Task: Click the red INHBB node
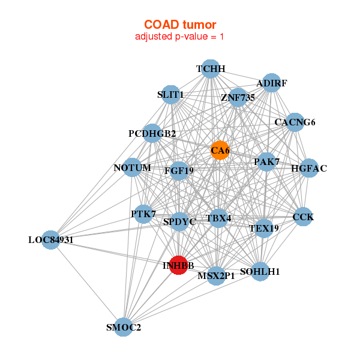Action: point(178,265)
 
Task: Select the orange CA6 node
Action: point(220,150)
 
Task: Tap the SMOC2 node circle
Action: point(123,327)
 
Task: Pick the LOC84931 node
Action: point(51,240)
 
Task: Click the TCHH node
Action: point(210,69)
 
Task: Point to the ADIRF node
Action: point(272,83)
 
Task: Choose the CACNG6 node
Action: point(295,122)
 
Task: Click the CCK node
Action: point(303,217)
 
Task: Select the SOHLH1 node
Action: point(260,271)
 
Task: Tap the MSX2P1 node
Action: point(216,276)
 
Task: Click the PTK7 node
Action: point(143,214)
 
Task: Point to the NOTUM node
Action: point(133,167)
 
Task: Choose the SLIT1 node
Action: point(170,94)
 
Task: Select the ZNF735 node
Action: point(238,97)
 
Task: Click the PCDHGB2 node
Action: point(152,133)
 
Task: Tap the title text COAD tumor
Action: point(180,25)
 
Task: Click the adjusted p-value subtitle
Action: point(180,37)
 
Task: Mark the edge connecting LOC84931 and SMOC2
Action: point(87,283)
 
